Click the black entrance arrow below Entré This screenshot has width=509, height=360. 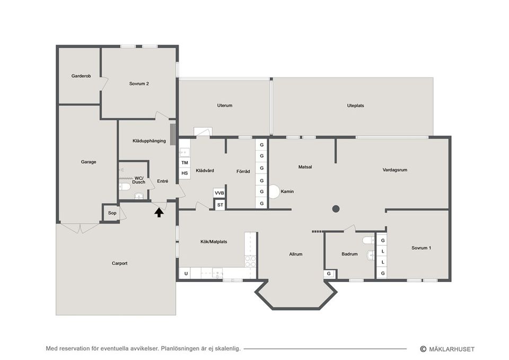(159, 212)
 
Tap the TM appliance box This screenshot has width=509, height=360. (185, 163)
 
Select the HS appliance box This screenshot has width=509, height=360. (185, 173)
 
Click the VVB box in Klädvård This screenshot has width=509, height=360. (220, 193)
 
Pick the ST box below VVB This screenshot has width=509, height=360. (220, 205)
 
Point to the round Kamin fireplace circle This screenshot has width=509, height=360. (274, 191)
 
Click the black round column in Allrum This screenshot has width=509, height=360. (336, 209)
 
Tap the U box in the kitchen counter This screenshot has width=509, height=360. (186, 274)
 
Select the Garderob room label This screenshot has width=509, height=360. (81, 76)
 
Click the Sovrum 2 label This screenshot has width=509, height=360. (139, 83)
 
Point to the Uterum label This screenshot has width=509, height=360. (225, 105)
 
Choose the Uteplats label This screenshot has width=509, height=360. (355, 106)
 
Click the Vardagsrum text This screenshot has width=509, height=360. (394, 170)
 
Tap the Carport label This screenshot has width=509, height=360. (119, 264)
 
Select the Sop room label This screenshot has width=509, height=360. (112, 213)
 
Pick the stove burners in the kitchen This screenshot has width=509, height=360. (250, 261)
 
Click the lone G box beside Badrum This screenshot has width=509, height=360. (329, 274)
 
